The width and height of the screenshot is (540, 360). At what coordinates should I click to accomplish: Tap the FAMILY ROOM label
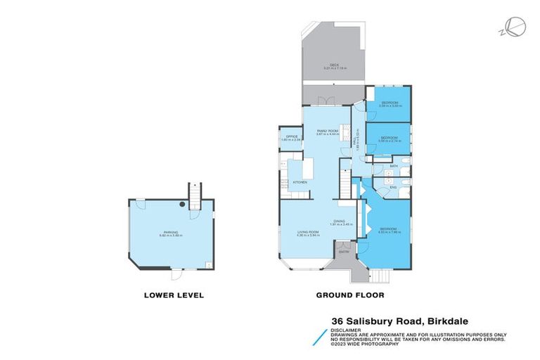click(x=327, y=131)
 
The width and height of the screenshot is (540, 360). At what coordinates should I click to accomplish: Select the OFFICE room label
click(x=290, y=138)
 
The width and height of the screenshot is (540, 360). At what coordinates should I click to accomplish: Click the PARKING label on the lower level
click(x=171, y=233)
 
